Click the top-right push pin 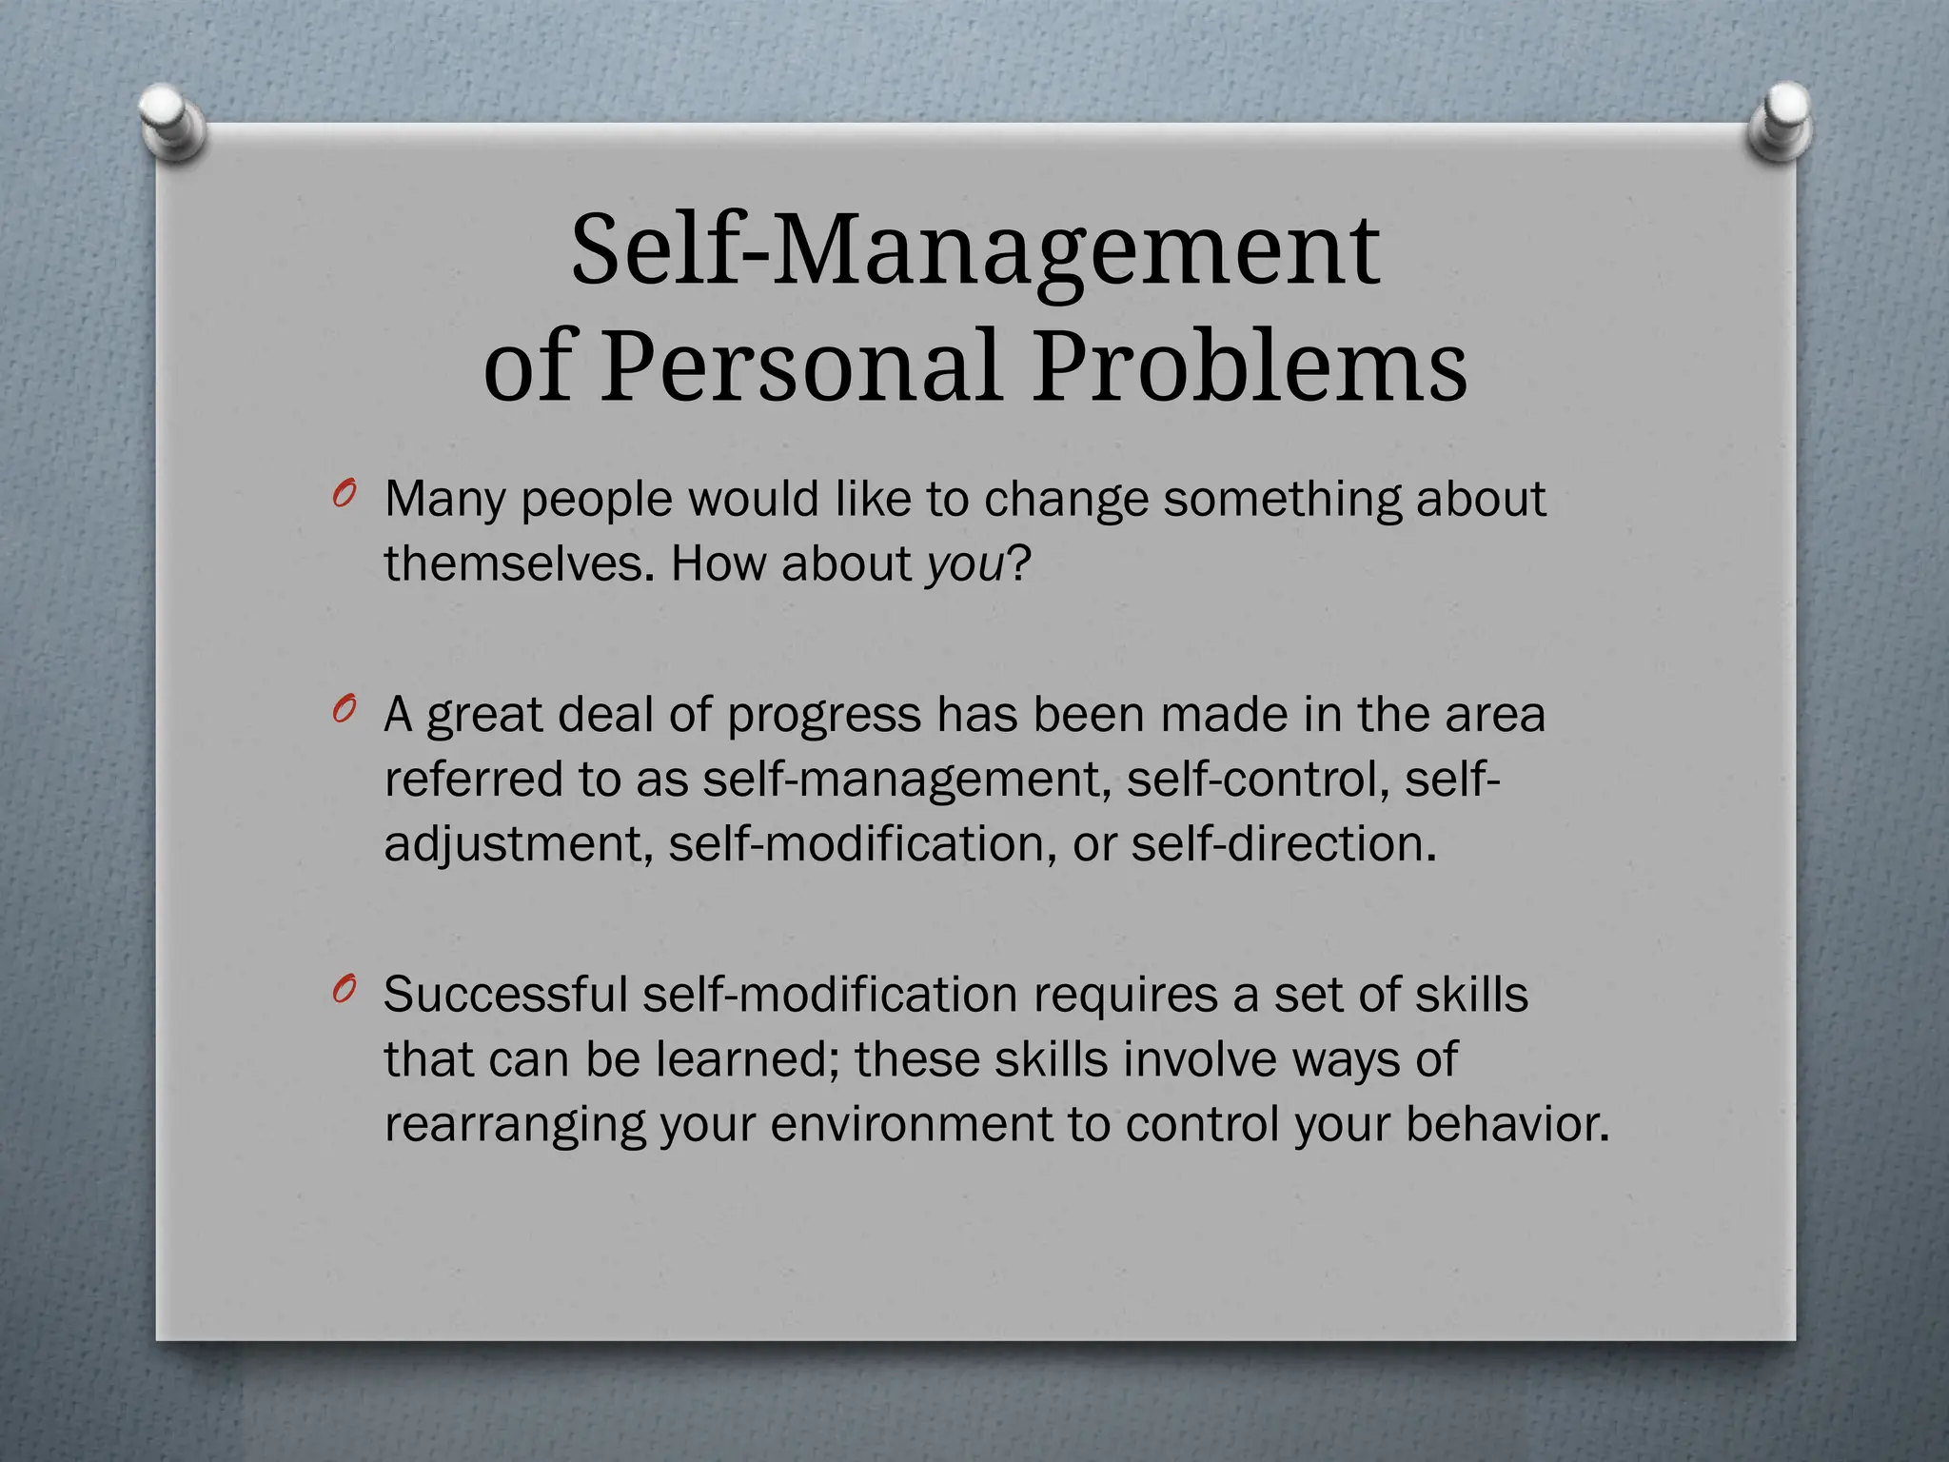pos(1780,121)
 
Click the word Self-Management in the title pos(974,249)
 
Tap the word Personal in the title pos(801,365)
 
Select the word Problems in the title pos(1250,365)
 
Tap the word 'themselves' pos(520,563)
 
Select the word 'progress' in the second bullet pos(824,716)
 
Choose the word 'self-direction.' pos(1283,843)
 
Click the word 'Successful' pos(505,995)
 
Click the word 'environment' pos(912,1124)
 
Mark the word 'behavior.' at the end pos(1507,1124)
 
